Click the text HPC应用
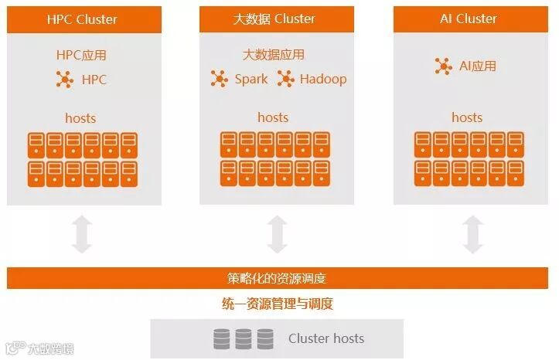[81, 55]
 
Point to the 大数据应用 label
[273, 55]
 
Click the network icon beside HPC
[64, 79]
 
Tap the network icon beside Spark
[220, 79]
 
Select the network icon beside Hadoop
[285, 79]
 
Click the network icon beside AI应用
[444, 66]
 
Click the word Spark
[251, 79]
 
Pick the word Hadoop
[322, 79]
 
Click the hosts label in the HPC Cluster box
[80, 118]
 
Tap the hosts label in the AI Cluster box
[467, 117]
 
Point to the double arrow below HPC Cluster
[81, 234]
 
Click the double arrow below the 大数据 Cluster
[277, 234]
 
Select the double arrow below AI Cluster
[472, 234]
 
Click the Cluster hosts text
[326, 338]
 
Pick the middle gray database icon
[244, 338]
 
